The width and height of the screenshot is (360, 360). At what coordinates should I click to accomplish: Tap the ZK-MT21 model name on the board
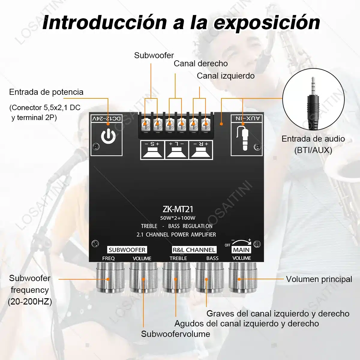(178, 209)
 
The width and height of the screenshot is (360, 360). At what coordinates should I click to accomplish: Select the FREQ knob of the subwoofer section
(110, 277)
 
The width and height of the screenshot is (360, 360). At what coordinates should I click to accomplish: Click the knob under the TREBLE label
(176, 277)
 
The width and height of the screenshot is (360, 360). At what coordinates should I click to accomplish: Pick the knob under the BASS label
(209, 277)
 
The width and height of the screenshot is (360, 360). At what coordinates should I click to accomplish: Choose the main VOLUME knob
(243, 277)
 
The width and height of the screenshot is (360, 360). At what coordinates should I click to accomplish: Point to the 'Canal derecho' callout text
(201, 64)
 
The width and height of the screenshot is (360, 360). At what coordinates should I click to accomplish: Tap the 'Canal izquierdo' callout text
(226, 76)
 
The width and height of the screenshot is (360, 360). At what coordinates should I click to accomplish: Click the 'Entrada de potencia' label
(46, 92)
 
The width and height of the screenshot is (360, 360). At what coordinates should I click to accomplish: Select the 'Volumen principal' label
(319, 279)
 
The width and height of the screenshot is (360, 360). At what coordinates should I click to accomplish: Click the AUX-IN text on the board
(248, 118)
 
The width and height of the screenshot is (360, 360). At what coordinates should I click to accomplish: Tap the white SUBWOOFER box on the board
(127, 250)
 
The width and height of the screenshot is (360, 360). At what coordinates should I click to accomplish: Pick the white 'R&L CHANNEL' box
(194, 250)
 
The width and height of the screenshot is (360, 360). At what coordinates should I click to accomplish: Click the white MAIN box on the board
(241, 250)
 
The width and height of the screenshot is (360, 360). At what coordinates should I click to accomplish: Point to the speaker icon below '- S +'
(152, 153)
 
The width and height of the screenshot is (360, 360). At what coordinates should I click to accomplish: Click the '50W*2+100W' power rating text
(178, 218)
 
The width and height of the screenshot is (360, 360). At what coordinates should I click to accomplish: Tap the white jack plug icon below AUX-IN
(244, 138)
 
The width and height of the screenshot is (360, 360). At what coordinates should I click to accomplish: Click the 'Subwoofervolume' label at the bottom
(175, 334)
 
